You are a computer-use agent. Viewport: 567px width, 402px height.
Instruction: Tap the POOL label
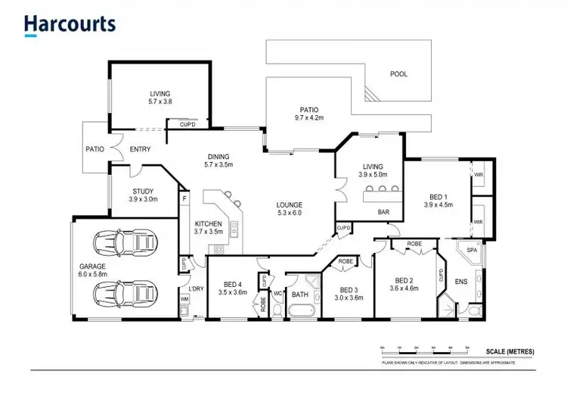pos(398,74)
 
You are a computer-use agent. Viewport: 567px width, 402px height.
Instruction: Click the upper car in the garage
pos(125,244)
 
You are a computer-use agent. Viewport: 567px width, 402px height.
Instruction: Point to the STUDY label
pos(143,192)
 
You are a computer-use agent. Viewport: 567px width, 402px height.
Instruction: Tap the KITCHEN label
pos(209,224)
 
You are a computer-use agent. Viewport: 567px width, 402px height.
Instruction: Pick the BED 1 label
pos(437,196)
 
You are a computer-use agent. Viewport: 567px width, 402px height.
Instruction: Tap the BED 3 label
pos(351,289)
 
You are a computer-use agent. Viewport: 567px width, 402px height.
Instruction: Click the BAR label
pos(383,212)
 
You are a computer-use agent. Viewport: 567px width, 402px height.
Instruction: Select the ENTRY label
pos(141,149)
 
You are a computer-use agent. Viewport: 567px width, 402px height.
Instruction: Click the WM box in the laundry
pos(184,300)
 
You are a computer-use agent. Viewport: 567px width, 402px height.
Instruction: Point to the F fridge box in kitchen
pos(184,199)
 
